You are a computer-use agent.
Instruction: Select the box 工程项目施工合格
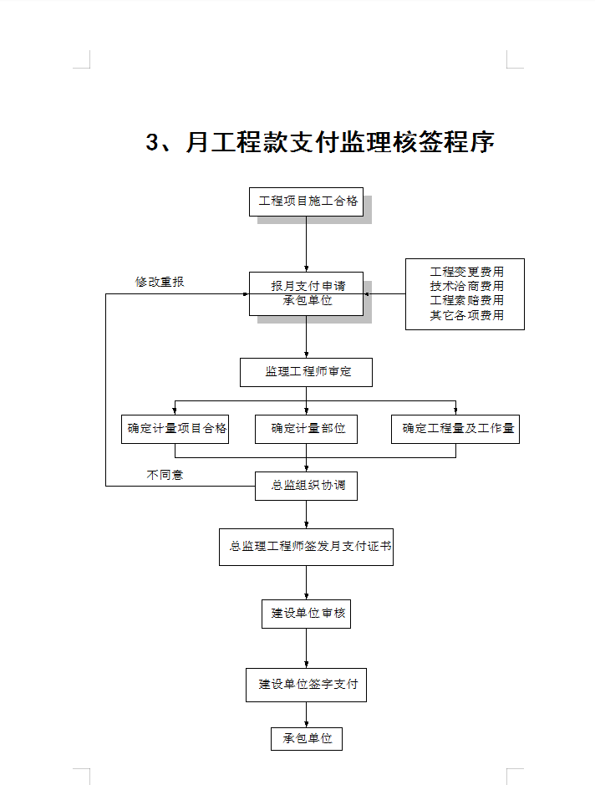[x=306, y=201]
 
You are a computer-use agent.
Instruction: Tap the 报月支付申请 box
[x=306, y=294]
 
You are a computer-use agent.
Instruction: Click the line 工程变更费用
[x=466, y=272]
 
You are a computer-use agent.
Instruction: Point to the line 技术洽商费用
[x=466, y=287]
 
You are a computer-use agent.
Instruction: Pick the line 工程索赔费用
[x=466, y=300]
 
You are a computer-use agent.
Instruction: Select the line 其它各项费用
[x=466, y=315]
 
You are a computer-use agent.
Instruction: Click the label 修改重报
[x=160, y=282]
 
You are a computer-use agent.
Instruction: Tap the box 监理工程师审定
[x=306, y=373]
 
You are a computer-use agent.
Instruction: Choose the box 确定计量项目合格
[x=175, y=429]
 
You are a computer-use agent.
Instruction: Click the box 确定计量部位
[x=306, y=429]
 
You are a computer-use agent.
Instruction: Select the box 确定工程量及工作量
[x=455, y=429]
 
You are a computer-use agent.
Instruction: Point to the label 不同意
[x=165, y=475]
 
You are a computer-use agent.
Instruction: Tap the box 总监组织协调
[x=306, y=486]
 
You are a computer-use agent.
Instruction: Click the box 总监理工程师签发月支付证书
[x=306, y=548]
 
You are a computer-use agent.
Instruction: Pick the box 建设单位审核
[x=306, y=614]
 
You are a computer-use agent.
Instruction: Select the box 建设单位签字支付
[x=306, y=685]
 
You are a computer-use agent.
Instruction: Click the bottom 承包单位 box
[x=307, y=739]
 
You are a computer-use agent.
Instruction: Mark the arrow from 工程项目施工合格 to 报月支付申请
[x=306, y=244]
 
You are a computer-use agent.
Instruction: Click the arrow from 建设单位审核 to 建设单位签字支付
[x=306, y=649]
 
